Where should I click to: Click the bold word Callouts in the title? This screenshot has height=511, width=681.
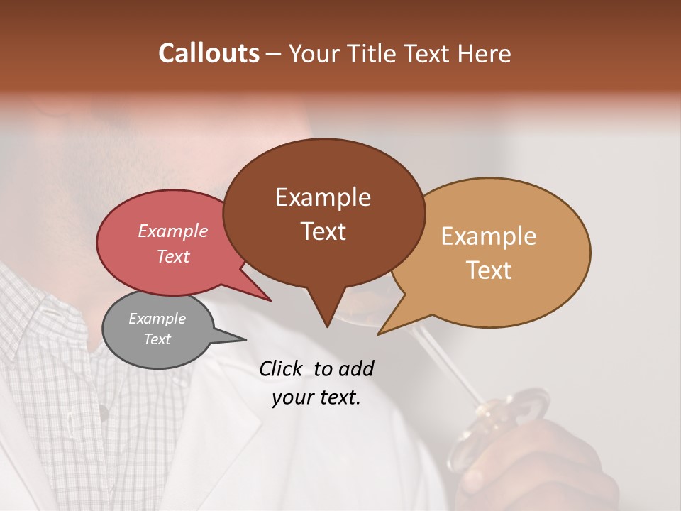click(x=209, y=53)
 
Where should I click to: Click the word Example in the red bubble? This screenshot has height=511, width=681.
click(x=173, y=231)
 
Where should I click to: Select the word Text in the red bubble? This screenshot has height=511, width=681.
click(x=173, y=256)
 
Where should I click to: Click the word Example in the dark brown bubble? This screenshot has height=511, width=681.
click(x=323, y=197)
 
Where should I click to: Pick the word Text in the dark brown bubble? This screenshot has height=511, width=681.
click(x=323, y=231)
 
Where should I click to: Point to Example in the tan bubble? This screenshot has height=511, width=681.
click(x=489, y=236)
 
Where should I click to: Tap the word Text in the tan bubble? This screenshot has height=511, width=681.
click(x=489, y=270)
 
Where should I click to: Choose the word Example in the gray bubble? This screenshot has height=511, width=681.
click(x=157, y=319)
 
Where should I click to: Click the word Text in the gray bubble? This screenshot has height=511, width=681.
click(x=157, y=339)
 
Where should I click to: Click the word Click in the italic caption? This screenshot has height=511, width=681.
click(x=282, y=368)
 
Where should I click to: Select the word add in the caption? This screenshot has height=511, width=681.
click(x=356, y=368)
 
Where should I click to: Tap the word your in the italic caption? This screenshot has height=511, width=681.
click(x=293, y=397)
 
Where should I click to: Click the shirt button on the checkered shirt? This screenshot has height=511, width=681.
click(x=104, y=411)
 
